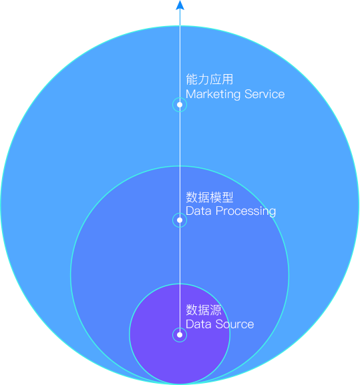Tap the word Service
tap(264, 94)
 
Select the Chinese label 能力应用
tap(209, 80)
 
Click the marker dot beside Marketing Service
tap(180, 105)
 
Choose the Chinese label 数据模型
tap(209, 198)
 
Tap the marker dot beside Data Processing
tap(180, 220)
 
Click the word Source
tap(233, 324)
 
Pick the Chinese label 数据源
tap(204, 310)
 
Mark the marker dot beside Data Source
tap(180, 335)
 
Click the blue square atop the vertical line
tap(180, 5)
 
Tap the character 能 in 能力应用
tap(192, 80)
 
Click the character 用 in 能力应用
tap(227, 80)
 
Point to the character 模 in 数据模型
tap(215, 198)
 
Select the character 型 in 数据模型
tap(227, 198)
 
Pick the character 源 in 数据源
tap(215, 310)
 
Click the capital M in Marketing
tap(190, 95)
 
